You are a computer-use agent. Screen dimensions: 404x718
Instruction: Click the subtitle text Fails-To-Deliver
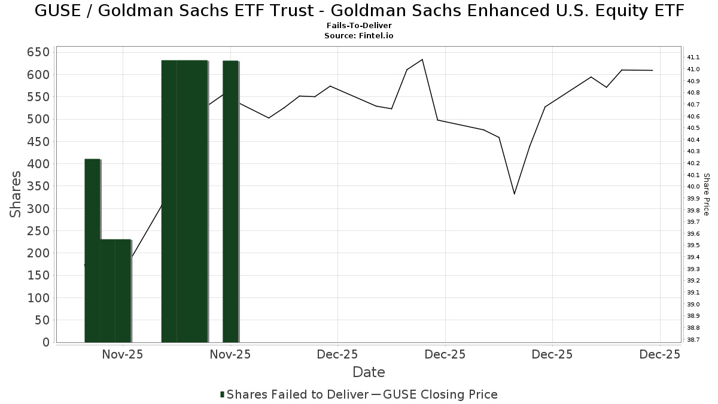coord(359,26)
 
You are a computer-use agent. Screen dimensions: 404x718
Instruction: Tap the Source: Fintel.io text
coord(359,36)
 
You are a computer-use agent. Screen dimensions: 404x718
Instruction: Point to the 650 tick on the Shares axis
coord(38,52)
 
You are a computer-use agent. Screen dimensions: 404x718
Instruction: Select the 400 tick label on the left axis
coord(38,164)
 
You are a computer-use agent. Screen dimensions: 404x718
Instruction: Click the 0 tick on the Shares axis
coord(45,342)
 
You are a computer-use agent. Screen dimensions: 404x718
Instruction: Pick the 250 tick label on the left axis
coord(38,231)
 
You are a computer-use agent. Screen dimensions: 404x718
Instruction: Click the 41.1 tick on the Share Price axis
coord(694,57)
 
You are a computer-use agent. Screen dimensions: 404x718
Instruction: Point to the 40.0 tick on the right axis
coord(694,187)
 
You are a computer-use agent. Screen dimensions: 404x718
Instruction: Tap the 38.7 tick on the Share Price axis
coord(694,339)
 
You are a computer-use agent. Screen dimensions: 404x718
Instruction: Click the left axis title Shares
coord(17,195)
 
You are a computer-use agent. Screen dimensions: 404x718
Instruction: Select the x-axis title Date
coord(369,372)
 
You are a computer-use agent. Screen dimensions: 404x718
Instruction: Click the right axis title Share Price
coord(706,195)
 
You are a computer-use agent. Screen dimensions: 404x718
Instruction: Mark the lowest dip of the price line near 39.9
coord(514,194)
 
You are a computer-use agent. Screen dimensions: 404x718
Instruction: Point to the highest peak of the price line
coord(422,59)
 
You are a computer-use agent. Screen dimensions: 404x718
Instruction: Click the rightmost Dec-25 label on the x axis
coord(659,354)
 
